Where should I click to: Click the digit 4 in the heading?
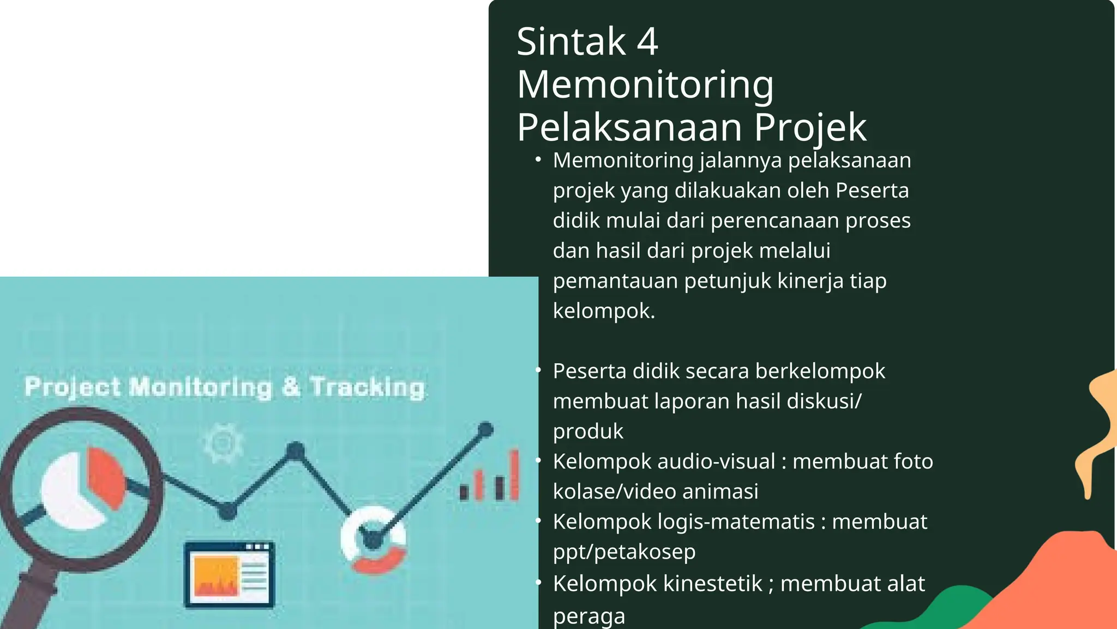coord(647,42)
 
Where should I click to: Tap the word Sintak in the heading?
coord(571,42)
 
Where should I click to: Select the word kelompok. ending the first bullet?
coord(603,311)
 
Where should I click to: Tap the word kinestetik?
coord(712,583)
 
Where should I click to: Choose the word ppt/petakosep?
coord(624,551)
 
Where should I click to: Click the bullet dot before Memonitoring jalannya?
coord(538,159)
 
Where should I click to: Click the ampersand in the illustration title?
coord(291,387)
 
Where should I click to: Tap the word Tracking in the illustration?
coord(367,387)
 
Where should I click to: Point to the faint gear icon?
coord(223,442)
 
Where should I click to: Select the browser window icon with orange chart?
coord(229,574)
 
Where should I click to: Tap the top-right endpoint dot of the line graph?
coord(485,430)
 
